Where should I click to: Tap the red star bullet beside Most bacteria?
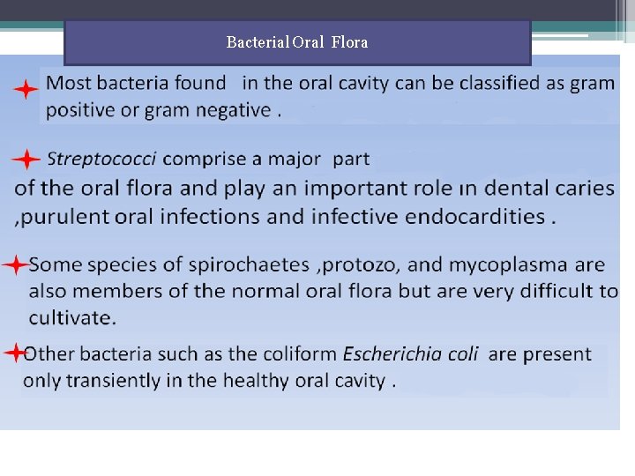(26, 89)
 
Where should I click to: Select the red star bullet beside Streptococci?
(26, 160)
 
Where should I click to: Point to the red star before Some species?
(16, 264)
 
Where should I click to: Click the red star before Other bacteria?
(15, 353)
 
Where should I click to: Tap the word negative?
(231, 110)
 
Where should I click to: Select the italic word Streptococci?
(101, 160)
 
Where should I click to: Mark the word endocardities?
(477, 216)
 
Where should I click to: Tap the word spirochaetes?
(250, 264)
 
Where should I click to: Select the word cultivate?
(71, 317)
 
